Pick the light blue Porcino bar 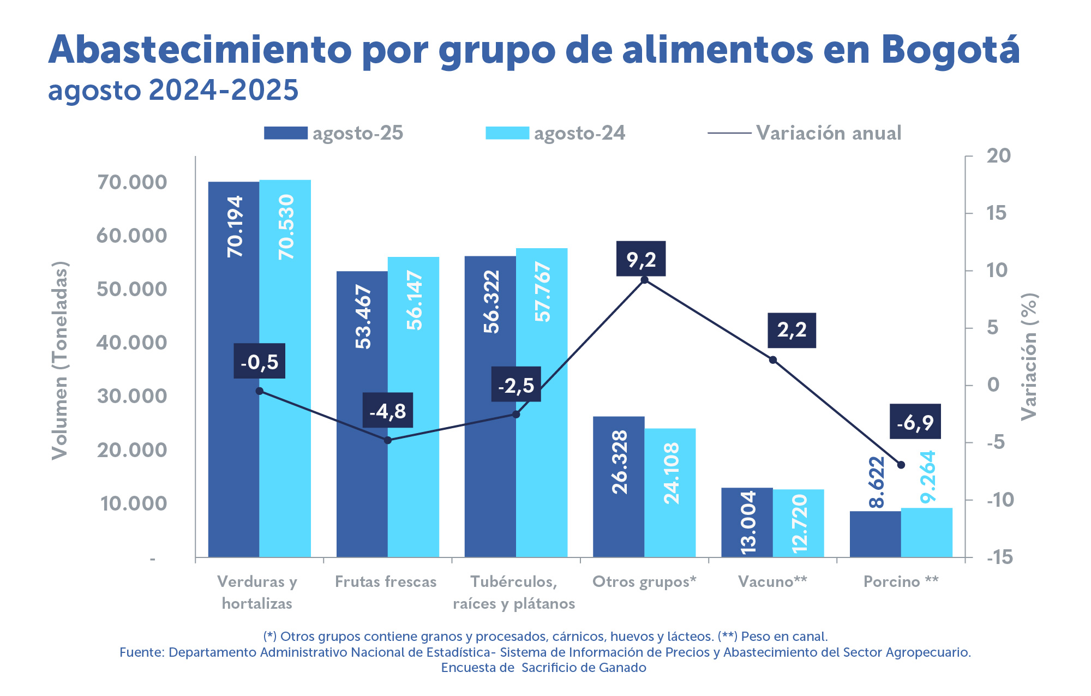(927, 532)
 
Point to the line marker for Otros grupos (644, 280)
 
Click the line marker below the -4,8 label (388, 440)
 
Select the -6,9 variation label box (915, 422)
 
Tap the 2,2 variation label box (792, 330)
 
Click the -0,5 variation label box (260, 361)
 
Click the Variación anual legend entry (805, 133)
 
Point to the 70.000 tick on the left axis (132, 182)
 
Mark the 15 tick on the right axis (996, 213)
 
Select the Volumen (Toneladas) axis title (59, 361)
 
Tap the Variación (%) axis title (1029, 357)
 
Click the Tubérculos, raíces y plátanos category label (514, 592)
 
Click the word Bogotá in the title (950, 50)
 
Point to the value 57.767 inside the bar (542, 292)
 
